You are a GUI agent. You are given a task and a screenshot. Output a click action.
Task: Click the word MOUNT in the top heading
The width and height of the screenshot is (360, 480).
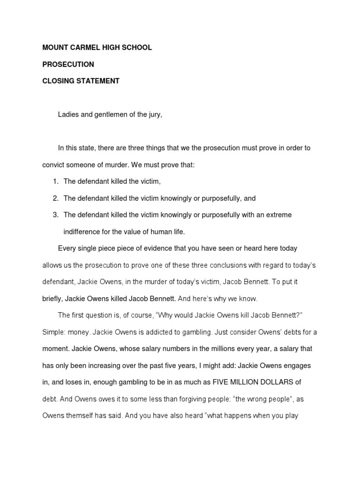point(55,48)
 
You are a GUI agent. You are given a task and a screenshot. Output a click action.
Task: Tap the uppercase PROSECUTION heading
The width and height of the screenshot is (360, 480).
point(68,64)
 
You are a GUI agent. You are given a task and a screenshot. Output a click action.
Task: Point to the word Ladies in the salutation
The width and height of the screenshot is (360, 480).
point(67,114)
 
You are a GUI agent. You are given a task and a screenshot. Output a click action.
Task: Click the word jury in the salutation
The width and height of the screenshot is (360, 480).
point(154,114)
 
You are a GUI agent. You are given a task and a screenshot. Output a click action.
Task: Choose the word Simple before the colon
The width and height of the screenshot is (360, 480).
point(53,332)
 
